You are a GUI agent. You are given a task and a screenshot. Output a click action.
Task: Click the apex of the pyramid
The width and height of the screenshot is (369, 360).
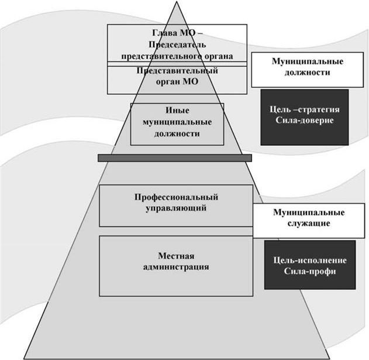[177, 4]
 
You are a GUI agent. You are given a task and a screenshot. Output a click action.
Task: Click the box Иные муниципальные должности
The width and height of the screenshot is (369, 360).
[177, 123]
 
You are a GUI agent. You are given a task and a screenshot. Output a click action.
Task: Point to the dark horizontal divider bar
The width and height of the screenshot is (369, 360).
[174, 158]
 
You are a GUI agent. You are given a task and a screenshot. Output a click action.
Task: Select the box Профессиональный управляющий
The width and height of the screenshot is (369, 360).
[176, 205]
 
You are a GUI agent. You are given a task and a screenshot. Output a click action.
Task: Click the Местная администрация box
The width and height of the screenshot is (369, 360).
[176, 265]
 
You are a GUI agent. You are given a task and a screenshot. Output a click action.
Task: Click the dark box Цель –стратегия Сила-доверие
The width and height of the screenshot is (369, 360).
[304, 116]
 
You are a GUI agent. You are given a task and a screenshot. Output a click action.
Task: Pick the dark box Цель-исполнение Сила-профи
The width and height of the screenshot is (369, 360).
[309, 265]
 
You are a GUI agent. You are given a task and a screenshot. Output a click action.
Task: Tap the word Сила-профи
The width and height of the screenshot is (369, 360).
[309, 271]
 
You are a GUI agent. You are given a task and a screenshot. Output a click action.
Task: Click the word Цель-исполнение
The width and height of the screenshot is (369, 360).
[309, 260]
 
